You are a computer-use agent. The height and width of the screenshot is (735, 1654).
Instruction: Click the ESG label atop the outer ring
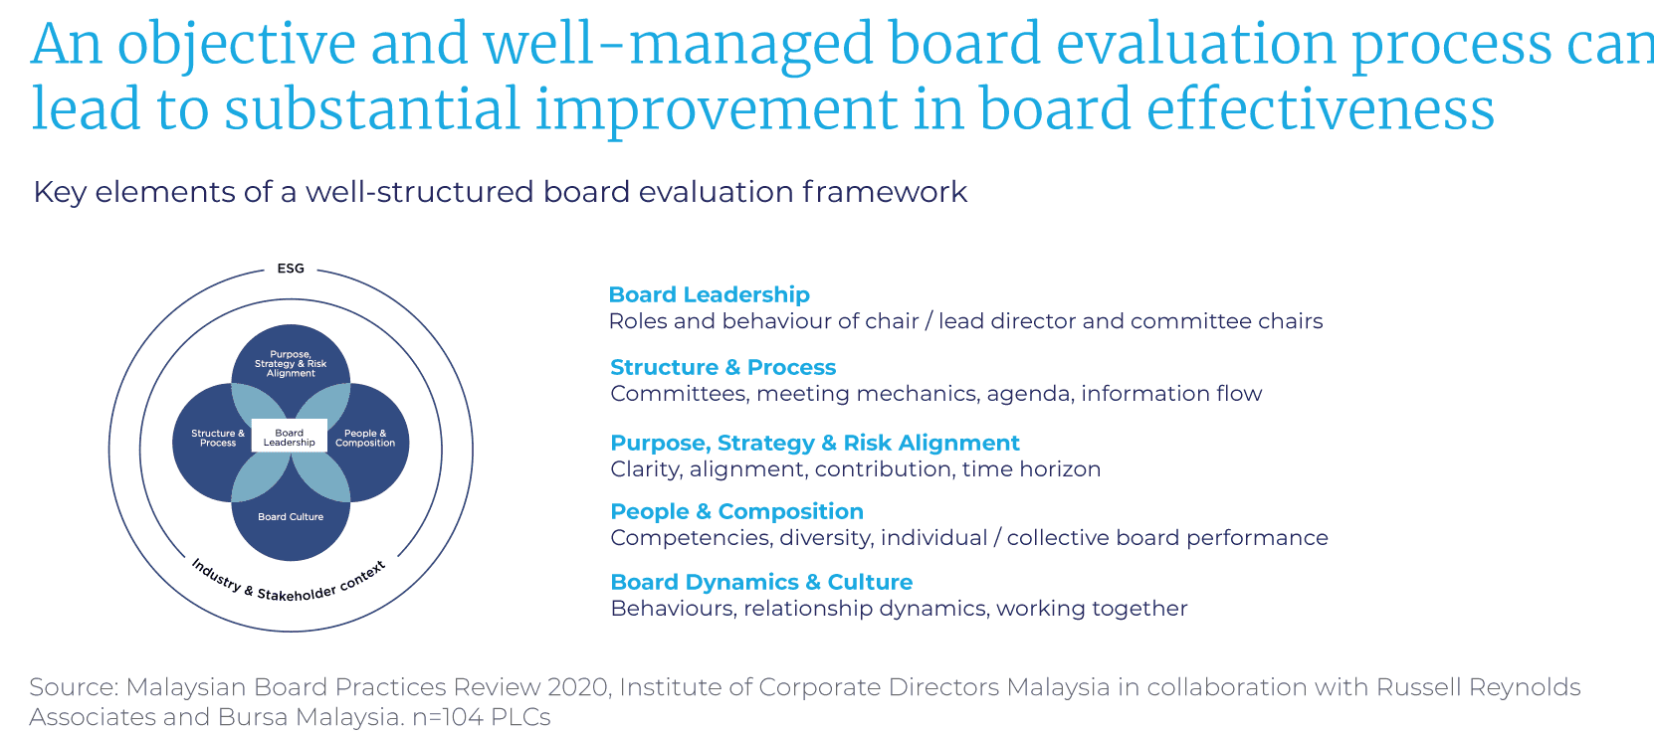(291, 269)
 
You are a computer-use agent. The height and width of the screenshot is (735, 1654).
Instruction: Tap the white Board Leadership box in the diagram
(290, 438)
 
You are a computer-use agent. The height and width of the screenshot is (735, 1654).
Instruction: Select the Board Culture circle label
(291, 517)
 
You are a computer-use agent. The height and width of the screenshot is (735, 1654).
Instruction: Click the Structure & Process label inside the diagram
(218, 438)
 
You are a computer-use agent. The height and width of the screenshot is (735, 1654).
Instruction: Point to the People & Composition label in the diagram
(365, 438)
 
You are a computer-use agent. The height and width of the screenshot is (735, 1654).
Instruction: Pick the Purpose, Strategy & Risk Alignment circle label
(291, 364)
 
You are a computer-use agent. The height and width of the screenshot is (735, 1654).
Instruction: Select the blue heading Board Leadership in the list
(709, 294)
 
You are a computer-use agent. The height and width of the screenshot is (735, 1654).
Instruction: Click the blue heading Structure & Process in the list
(723, 367)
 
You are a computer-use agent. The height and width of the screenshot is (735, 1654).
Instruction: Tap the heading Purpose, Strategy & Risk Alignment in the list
(815, 443)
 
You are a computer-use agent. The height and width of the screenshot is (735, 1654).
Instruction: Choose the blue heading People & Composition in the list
(736, 511)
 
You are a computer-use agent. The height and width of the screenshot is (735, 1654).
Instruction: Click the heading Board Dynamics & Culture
(761, 582)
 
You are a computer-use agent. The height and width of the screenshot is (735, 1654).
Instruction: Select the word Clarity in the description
(646, 469)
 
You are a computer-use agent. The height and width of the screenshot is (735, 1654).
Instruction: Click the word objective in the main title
(236, 46)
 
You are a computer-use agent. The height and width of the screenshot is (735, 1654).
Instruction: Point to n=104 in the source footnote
(447, 717)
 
